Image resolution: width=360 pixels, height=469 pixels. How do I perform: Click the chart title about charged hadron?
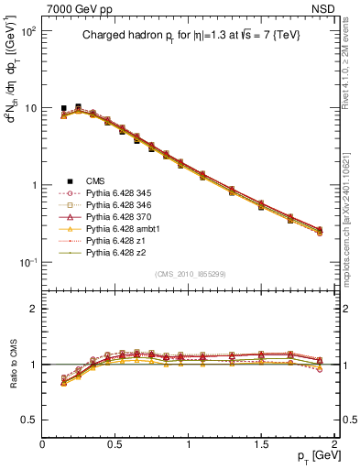190,36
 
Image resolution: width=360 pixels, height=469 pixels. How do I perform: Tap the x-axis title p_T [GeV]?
312,456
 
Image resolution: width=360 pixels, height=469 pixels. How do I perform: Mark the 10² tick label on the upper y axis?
27,31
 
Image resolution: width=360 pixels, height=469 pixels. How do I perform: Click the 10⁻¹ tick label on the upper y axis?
27,262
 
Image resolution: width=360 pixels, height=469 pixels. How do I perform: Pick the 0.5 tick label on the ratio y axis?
28,420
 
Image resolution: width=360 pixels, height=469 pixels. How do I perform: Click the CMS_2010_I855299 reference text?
191,274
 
